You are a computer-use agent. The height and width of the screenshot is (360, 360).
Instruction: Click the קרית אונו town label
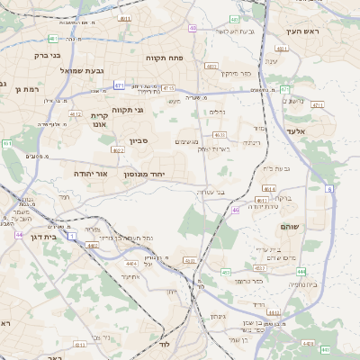(x=99, y=120)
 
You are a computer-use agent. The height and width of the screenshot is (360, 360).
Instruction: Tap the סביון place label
(x=139, y=141)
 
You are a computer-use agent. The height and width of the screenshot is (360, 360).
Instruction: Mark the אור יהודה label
(x=90, y=173)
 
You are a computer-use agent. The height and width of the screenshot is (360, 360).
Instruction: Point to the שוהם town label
(x=291, y=227)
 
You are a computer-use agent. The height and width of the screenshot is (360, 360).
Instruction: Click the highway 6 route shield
(x=329, y=189)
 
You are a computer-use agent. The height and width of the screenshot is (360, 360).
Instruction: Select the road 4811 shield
(x=125, y=18)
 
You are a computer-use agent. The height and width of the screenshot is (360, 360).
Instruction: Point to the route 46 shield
(x=235, y=209)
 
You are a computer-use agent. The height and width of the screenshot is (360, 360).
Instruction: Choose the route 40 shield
(x=194, y=28)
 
